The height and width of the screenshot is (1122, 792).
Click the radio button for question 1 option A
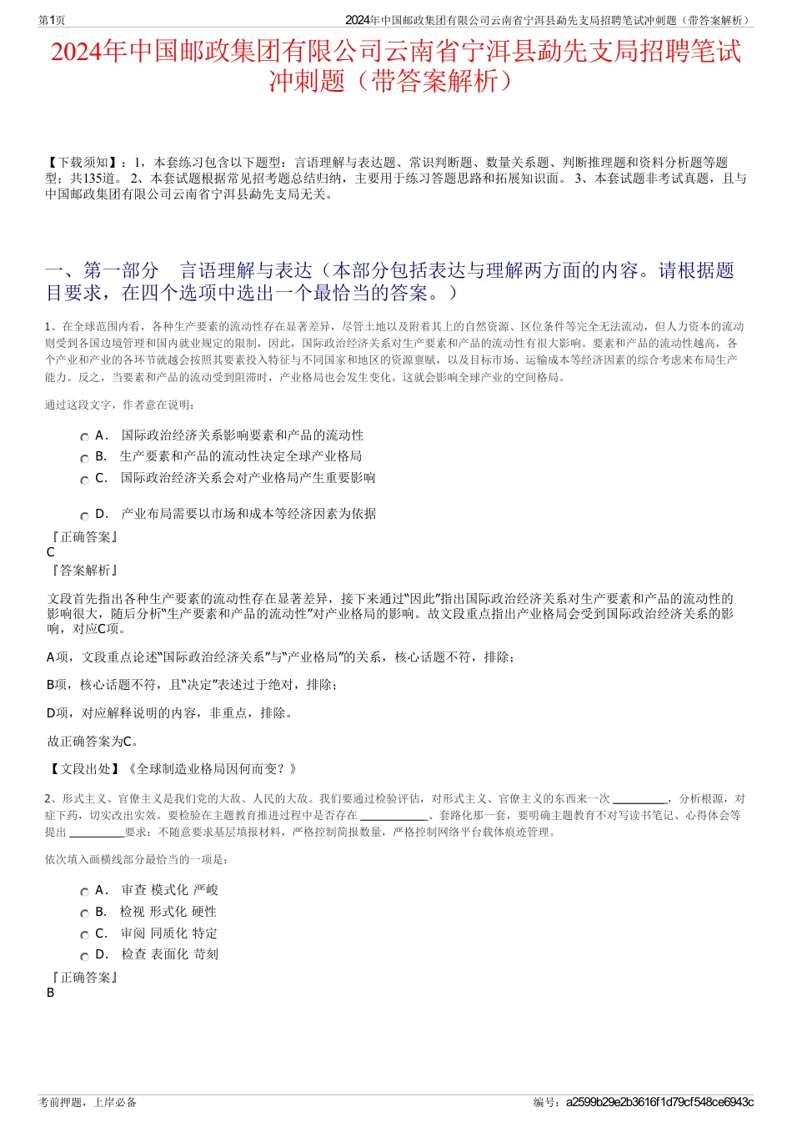coord(84,437)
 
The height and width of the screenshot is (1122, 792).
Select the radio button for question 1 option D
coord(84,516)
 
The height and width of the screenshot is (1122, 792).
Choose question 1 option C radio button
coord(84,480)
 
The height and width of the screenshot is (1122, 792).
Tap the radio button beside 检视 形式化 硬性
coord(84,913)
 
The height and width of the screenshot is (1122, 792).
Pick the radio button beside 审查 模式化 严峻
coord(84,892)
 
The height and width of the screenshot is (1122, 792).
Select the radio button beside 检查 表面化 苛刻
coord(84,956)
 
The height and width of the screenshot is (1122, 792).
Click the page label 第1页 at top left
coord(52,20)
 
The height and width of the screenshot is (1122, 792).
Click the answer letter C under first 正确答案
coord(51,552)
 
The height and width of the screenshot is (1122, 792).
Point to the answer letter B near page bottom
coord(51,993)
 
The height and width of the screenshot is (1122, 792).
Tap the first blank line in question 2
coord(639,799)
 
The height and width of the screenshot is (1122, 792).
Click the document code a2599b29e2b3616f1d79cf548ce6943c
coord(659,1102)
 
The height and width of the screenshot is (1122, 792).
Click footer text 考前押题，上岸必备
coord(88,1102)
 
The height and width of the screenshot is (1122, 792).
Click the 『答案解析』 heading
coord(83,571)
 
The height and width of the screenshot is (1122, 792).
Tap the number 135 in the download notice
coord(92,179)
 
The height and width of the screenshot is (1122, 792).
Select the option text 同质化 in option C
coord(168,933)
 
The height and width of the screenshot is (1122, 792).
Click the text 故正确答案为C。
coord(93,741)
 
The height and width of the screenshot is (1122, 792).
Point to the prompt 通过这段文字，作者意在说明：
coord(119,405)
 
